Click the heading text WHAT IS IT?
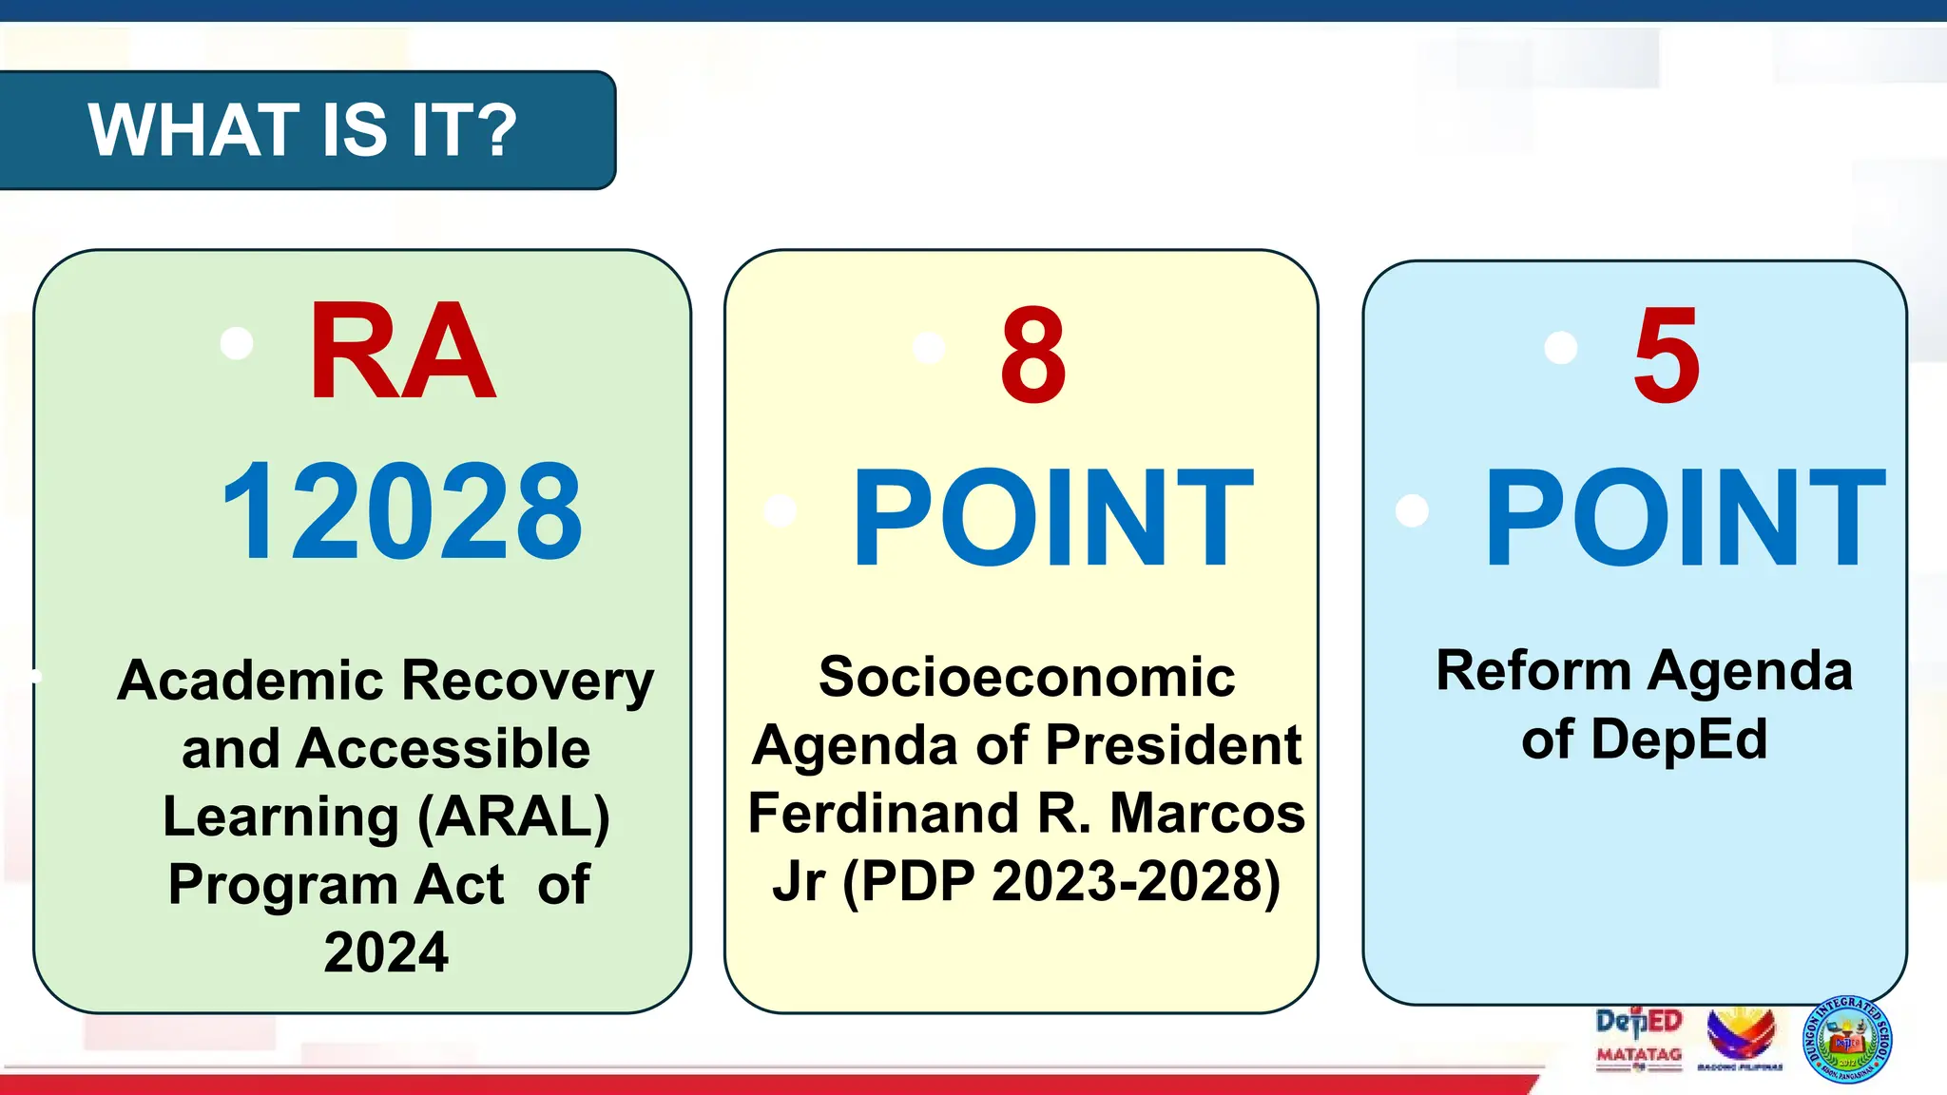[302, 130]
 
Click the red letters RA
[402, 351]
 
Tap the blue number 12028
[402, 511]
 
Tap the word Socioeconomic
[1027, 678]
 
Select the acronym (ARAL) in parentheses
[513, 816]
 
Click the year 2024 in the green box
[386, 952]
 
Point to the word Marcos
[1207, 814]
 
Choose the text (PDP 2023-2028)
[1062, 881]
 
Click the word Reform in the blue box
[1533, 671]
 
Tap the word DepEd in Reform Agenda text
[1679, 740]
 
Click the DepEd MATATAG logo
[1639, 1039]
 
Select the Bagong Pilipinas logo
[1741, 1038]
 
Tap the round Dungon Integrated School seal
[1847, 1039]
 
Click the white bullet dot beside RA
[237, 343]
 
